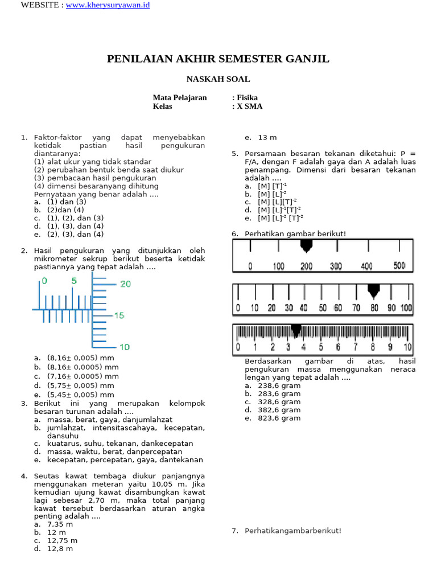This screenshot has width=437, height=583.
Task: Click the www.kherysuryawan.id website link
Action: point(108,5)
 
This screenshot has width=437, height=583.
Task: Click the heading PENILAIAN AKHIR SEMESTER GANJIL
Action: point(218,59)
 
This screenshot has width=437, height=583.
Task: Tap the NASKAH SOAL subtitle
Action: point(218,79)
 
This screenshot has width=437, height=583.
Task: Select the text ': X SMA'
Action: point(248,106)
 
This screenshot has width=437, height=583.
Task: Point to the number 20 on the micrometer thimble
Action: point(125,284)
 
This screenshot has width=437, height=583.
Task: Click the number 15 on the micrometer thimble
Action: point(119,315)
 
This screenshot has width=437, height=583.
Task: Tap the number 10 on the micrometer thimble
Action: point(124,347)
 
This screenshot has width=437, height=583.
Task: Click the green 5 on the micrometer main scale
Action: point(74,281)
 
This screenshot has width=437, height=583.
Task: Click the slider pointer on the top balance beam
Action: point(306,246)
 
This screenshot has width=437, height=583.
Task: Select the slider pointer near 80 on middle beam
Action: point(373,291)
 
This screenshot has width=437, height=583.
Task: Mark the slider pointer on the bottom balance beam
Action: point(296,330)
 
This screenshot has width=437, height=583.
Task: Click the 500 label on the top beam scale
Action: point(399,266)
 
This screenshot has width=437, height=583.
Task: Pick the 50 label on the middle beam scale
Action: point(323,308)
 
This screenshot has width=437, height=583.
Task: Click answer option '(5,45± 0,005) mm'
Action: point(81,395)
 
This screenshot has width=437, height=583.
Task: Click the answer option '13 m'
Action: point(267,138)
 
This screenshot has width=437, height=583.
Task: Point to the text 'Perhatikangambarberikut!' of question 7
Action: point(293,531)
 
